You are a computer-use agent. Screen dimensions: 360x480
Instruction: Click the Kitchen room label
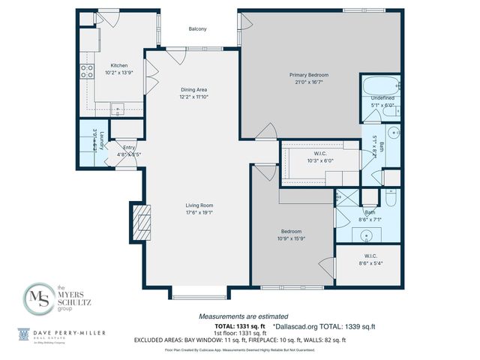119,65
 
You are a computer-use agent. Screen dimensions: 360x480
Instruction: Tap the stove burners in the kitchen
86,71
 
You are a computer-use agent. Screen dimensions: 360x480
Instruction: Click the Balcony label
197,29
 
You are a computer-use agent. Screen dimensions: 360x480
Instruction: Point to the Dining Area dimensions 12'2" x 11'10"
193,97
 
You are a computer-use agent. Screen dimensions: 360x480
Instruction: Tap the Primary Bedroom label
309,75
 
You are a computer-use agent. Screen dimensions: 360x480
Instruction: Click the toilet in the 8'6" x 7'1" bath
391,199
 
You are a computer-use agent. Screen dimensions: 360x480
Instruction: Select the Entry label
129,148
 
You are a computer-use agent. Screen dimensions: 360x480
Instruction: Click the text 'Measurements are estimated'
242,316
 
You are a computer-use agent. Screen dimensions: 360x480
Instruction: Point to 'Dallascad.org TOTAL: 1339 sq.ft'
325,325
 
